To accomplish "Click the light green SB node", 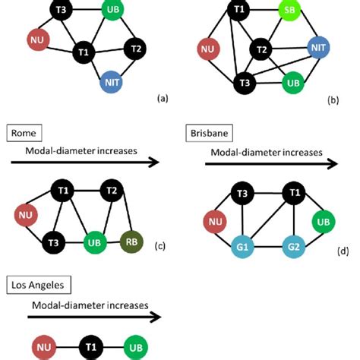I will [288, 11].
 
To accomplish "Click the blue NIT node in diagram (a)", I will [111, 81].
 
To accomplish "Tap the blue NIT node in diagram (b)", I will [318, 49].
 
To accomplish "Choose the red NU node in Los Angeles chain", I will [43, 348].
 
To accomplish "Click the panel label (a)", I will [161, 99].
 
